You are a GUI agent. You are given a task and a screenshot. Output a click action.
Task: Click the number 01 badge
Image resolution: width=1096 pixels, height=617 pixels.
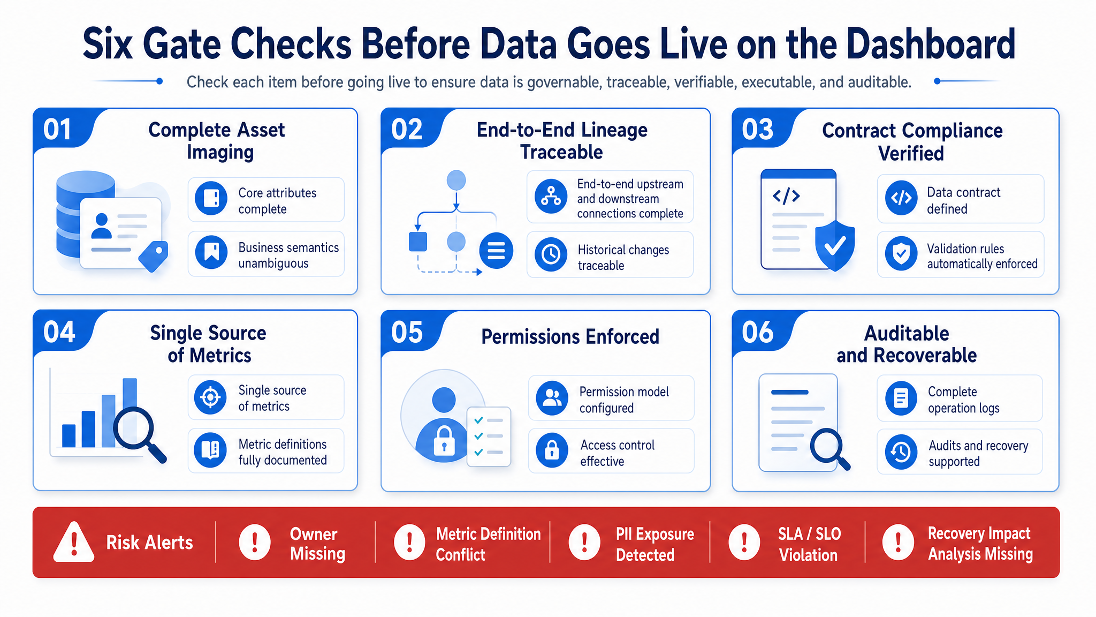point(57,130)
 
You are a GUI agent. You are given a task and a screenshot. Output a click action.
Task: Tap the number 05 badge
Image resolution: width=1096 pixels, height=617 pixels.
point(407,332)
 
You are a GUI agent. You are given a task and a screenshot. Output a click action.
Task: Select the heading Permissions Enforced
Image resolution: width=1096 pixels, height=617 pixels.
point(570,337)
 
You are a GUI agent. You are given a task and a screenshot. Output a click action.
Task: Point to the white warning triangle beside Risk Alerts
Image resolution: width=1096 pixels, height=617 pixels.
point(74,542)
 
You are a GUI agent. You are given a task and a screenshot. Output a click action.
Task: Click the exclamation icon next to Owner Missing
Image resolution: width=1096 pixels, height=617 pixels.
point(255,542)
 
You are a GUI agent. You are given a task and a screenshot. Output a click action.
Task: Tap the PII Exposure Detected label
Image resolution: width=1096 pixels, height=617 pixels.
point(654,544)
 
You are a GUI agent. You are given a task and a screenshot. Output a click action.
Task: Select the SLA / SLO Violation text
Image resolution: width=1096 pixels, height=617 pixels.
point(809,544)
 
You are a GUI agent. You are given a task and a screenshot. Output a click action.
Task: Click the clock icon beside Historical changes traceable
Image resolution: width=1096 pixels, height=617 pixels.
point(551,254)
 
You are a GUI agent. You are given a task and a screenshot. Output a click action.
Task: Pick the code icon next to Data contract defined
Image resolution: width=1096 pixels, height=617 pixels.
point(901,198)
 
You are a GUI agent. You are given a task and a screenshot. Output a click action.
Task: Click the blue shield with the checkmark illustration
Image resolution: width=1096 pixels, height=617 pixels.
point(834,245)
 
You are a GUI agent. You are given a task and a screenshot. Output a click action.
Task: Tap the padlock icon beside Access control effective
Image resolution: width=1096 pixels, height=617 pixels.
point(552,450)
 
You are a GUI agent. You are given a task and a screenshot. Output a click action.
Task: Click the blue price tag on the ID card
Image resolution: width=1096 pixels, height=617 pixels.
point(154,255)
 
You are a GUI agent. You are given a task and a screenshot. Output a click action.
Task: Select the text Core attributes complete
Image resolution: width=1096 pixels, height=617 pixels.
point(277,201)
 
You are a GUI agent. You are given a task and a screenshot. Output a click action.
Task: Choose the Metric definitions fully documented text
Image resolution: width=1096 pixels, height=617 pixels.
point(283,452)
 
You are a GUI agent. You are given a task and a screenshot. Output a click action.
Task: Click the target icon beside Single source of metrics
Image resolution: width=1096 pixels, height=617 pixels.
point(210,397)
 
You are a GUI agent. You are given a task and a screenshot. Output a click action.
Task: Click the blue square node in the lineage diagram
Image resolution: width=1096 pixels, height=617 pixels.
point(418,242)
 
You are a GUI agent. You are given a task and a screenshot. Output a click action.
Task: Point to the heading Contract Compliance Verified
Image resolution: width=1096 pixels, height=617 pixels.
point(912,142)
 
